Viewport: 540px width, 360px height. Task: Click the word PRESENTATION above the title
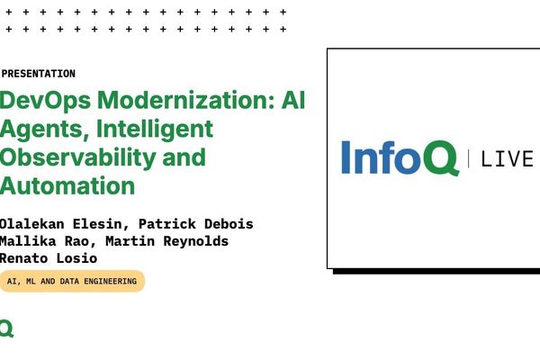pos(39,74)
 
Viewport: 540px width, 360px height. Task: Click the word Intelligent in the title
pos(158,129)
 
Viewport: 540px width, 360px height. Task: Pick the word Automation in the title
pos(67,185)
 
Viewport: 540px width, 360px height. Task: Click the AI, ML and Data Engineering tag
pos(72,282)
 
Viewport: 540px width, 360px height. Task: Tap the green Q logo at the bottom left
pos(6,328)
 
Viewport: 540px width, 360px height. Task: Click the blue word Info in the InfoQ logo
pos(378,157)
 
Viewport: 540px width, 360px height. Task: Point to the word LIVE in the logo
pos(508,159)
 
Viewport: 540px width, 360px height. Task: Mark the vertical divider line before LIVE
pos(469,159)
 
